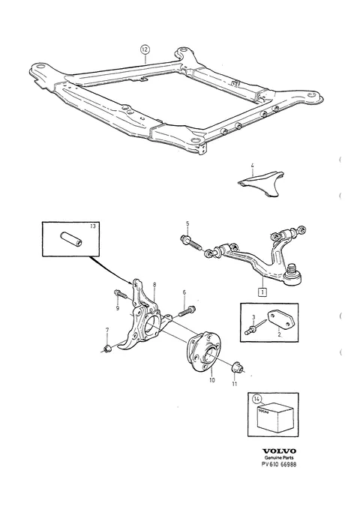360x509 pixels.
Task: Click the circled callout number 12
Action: coord(145,50)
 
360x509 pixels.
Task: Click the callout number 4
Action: coord(253,166)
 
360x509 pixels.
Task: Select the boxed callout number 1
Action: coord(262,292)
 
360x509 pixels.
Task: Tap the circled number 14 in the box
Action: coord(256,398)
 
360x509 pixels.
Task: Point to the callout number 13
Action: coord(93,226)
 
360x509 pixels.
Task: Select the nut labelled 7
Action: coord(107,349)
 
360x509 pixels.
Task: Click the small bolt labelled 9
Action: coord(121,295)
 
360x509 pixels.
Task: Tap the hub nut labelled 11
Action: coord(236,367)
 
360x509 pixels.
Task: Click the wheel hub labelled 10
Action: coord(203,352)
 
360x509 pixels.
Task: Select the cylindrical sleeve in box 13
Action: coord(70,240)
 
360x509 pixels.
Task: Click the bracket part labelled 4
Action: coord(261,183)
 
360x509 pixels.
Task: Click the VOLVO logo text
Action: coord(279,451)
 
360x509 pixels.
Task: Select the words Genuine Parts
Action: coord(279,458)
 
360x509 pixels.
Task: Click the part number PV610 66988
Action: coord(279,464)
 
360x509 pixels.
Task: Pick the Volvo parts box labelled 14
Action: coord(275,417)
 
